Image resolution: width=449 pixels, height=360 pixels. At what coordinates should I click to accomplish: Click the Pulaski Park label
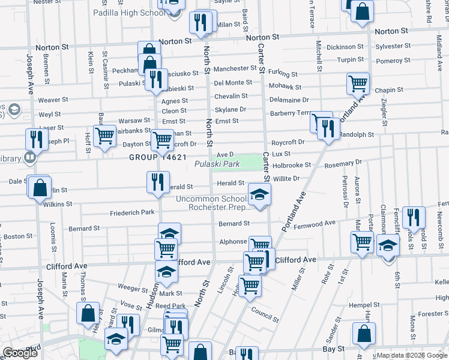(x=217, y=164)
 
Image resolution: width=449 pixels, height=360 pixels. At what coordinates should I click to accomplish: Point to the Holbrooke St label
(x=291, y=164)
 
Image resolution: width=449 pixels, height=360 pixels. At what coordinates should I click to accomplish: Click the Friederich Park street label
(x=132, y=212)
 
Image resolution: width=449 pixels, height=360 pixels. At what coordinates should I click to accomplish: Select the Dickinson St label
(x=345, y=47)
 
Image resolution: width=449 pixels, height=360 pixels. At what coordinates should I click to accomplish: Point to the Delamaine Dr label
(x=289, y=100)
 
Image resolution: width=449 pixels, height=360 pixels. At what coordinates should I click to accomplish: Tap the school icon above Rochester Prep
(x=259, y=194)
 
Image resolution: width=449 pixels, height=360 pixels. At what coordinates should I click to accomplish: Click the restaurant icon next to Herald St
(x=157, y=181)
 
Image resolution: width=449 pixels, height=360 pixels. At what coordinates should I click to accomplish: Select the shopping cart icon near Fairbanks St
(x=104, y=136)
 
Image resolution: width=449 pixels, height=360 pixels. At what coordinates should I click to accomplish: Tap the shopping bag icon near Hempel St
(x=363, y=334)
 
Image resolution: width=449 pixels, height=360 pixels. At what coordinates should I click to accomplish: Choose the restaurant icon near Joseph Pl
(x=36, y=139)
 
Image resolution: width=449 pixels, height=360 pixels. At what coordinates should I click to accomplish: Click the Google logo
(x=20, y=353)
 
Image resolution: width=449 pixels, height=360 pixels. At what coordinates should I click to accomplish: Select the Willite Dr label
(x=286, y=178)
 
